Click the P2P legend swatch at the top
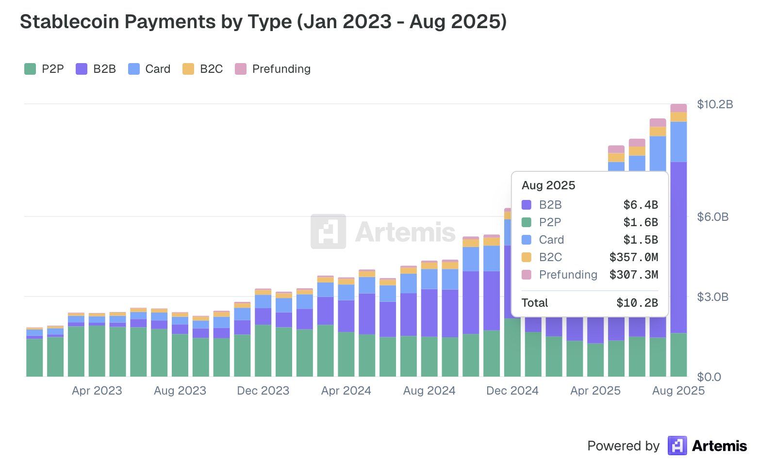(x=30, y=69)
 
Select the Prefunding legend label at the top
(x=281, y=69)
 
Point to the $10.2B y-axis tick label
(x=715, y=104)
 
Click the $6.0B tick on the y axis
(x=712, y=217)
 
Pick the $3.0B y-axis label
(x=712, y=297)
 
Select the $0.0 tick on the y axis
(x=709, y=377)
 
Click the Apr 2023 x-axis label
(x=97, y=391)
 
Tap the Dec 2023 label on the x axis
(x=263, y=391)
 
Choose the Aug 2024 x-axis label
(x=429, y=391)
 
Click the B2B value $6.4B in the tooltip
(x=640, y=205)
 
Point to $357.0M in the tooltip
(x=633, y=257)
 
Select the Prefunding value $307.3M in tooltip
(x=633, y=275)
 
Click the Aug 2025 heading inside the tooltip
(x=548, y=185)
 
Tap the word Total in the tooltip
(x=534, y=303)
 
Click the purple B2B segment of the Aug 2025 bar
(x=678, y=248)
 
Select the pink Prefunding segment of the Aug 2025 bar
(x=678, y=108)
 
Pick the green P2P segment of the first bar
(x=34, y=358)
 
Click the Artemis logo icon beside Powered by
(x=677, y=446)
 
